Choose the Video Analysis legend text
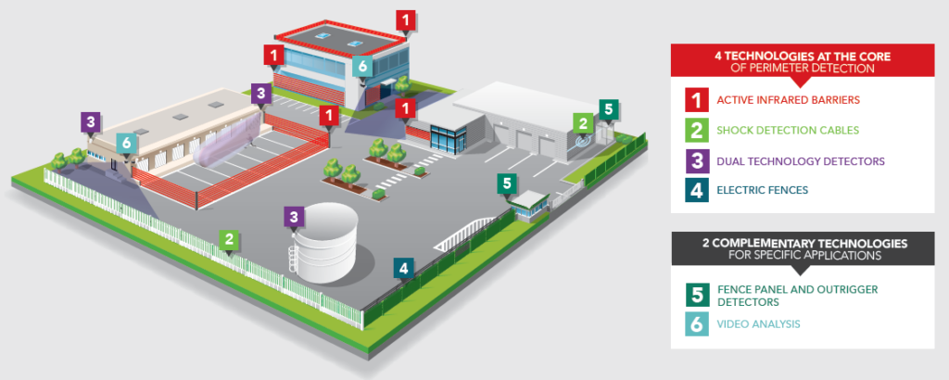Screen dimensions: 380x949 (759, 323)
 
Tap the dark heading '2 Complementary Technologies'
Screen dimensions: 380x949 (803, 248)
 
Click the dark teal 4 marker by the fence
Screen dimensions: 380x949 (402, 268)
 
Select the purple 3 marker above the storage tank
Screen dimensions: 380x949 (294, 217)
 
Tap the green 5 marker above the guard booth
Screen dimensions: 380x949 (505, 183)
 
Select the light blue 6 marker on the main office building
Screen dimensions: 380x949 (361, 66)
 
